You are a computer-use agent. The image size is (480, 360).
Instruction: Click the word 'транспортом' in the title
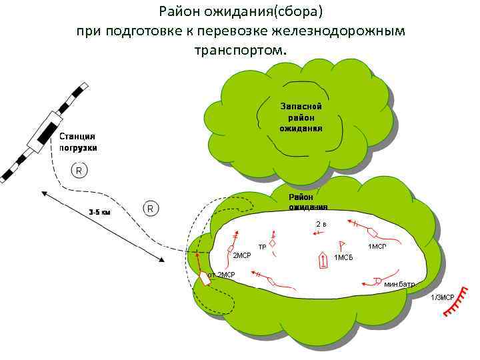[239, 50]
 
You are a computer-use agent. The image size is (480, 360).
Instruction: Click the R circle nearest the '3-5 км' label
[151, 209]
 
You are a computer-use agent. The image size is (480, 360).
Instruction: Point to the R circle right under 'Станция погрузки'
[79, 171]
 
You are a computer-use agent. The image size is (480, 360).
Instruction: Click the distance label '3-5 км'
[100, 213]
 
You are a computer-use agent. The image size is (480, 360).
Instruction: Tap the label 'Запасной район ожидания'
[301, 117]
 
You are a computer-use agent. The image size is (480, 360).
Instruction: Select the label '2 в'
[321, 223]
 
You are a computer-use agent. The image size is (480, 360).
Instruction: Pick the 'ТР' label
[262, 247]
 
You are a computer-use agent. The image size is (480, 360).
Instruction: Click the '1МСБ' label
[343, 257]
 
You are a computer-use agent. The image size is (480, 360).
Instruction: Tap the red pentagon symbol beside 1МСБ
[323, 260]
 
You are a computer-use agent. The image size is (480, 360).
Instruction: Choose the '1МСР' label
[377, 247]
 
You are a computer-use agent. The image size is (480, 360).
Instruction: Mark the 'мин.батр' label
[399, 284]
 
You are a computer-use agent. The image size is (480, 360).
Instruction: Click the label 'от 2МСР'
[221, 274]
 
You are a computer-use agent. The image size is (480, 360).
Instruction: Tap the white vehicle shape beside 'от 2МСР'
[205, 279]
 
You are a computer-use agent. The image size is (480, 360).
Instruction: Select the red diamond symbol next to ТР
[273, 243]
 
